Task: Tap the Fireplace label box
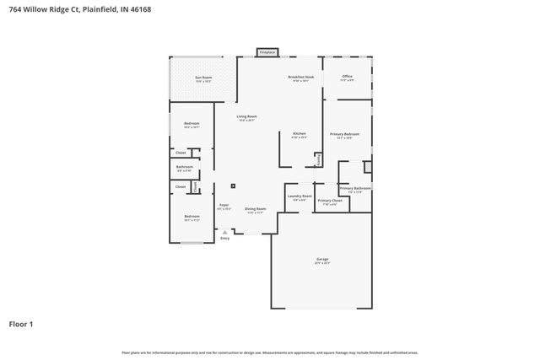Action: pos(267,52)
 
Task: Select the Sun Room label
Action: pos(203,78)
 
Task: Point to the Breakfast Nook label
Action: pos(300,78)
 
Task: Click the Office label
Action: pos(347,77)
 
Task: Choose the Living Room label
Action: pos(246,116)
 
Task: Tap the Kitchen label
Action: pos(299,134)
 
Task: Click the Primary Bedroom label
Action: pos(344,134)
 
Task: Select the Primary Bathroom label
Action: pos(355,188)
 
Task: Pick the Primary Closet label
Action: pos(330,201)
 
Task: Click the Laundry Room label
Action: pos(300,196)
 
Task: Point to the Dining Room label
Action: pos(255,209)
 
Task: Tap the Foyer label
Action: pos(224,205)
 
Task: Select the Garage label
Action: pos(321,259)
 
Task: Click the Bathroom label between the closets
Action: pos(185,167)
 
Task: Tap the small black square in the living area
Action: pos(234,185)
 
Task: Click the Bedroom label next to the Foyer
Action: pos(192,217)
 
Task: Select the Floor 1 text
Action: pos(21,323)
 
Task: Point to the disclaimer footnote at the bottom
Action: pos(270,352)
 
